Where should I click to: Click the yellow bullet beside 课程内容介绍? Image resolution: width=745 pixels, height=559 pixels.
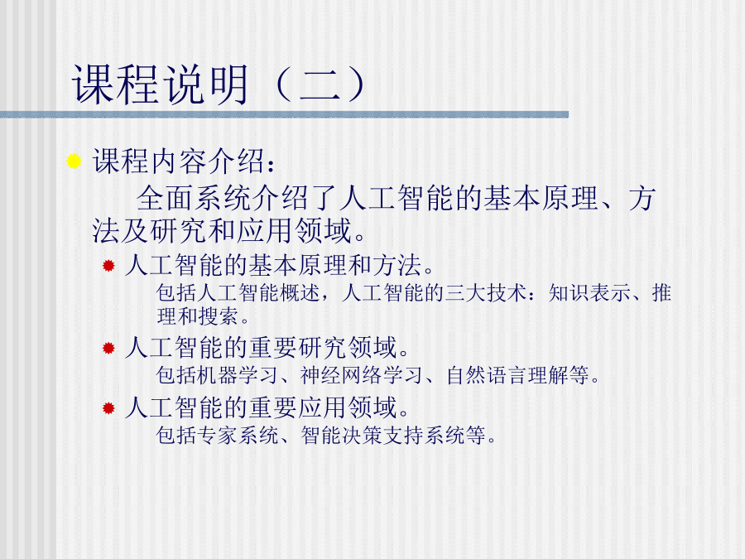point(74,161)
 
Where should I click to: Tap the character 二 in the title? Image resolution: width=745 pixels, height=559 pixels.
point(320,86)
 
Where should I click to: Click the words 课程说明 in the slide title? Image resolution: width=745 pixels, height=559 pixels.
point(160,85)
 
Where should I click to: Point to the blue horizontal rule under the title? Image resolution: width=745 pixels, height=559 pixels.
point(284,114)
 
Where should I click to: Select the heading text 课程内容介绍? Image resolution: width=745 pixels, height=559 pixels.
point(179,161)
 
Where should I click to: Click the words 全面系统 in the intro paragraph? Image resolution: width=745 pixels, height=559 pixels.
point(194,198)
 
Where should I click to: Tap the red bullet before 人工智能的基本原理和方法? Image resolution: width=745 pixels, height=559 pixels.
point(108,265)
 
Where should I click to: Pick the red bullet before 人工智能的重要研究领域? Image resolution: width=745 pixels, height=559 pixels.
point(108,348)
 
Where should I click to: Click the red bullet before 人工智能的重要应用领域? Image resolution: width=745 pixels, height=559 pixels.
point(108,407)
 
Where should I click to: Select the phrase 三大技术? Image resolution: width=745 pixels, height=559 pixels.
point(485,293)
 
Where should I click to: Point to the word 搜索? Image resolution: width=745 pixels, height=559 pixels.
point(218,316)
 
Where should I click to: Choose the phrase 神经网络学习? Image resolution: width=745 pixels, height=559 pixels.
point(361,375)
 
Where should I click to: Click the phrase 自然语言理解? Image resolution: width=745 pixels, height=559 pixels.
point(507,375)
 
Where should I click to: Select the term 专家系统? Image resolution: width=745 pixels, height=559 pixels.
point(238,435)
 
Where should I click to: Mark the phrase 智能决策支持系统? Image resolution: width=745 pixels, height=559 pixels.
point(383,435)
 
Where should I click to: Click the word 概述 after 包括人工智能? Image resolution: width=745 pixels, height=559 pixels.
point(300,293)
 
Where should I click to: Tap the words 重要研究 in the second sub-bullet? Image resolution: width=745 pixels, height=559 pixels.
point(298,348)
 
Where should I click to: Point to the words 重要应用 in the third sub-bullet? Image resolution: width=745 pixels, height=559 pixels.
point(298,407)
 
